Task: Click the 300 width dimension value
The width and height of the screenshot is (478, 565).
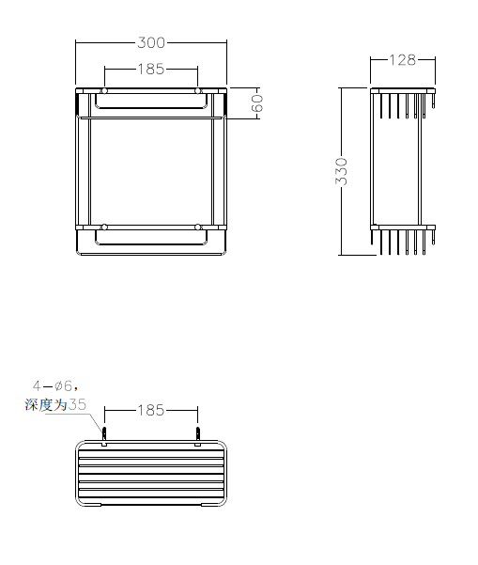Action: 151,42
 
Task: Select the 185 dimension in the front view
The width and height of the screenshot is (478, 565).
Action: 151,69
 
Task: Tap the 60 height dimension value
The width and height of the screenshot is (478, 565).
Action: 257,103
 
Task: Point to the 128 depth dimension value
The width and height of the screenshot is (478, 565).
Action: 403,60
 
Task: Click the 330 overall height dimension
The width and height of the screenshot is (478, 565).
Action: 341,171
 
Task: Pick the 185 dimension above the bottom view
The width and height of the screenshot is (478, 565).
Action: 151,410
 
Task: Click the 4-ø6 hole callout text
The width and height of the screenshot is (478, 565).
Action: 55,386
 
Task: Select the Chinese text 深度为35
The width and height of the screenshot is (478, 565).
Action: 55,404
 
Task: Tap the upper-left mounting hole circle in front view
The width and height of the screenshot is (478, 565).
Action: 104,91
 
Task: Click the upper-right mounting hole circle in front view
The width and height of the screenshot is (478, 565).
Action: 197,91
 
